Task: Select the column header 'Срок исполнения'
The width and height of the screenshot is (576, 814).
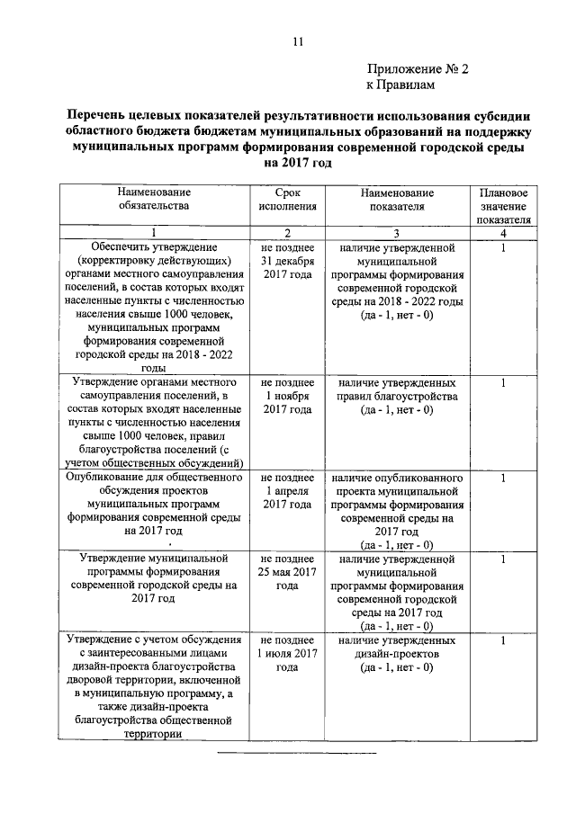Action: (287, 199)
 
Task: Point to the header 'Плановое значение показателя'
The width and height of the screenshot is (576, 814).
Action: (504, 205)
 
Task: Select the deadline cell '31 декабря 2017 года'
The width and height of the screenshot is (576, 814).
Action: (287, 261)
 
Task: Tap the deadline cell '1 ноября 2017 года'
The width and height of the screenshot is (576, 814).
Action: (287, 396)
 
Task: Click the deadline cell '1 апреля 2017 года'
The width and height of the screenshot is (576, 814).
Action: (287, 491)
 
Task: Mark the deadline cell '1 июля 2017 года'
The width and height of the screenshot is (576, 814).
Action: (287, 654)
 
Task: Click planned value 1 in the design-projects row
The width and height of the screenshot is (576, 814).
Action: (504, 640)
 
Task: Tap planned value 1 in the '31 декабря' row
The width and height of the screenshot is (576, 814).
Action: (504, 247)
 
